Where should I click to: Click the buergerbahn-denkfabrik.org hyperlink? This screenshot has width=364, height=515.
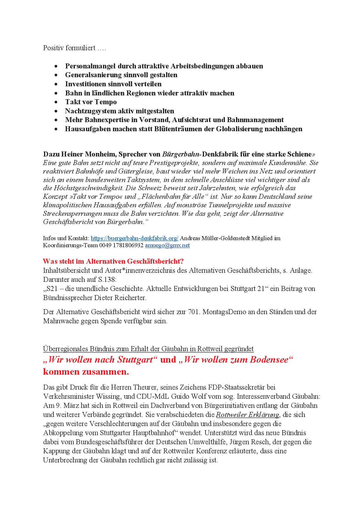tap(134, 238)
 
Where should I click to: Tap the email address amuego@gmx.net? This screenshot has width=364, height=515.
tap(167, 245)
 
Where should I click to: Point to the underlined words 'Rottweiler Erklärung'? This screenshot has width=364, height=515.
tap(247, 415)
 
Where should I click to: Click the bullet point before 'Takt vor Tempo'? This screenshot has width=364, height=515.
tap(56, 102)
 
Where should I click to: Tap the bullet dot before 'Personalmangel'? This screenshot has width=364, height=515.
tap(56, 66)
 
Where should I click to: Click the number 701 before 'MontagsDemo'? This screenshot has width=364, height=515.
tap(194, 312)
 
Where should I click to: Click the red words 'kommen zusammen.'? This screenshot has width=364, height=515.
tap(86, 372)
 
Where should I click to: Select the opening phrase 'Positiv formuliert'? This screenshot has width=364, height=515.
tap(69, 48)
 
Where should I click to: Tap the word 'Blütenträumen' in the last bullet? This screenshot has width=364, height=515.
tap(177, 129)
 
